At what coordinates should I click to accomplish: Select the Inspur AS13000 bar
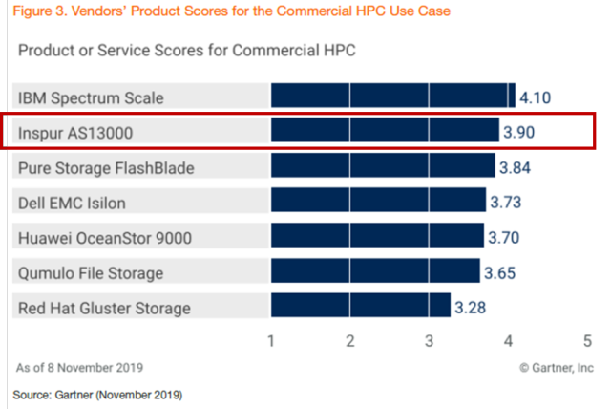(x=385, y=132)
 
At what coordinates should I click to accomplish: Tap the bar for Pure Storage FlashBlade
(x=383, y=167)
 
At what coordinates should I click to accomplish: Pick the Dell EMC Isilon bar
(x=378, y=203)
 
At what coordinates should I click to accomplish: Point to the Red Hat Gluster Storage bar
(x=361, y=307)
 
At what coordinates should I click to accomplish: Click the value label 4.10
(x=536, y=97)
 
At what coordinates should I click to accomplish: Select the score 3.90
(x=524, y=132)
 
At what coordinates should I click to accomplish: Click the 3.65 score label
(x=506, y=272)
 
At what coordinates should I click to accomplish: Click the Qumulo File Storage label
(x=91, y=273)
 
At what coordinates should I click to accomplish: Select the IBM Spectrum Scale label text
(x=92, y=97)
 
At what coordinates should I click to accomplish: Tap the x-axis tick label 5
(x=587, y=340)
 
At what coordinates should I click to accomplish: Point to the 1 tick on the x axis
(x=272, y=340)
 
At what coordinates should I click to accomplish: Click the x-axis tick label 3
(x=430, y=340)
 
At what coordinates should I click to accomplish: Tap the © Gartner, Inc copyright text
(x=555, y=366)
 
